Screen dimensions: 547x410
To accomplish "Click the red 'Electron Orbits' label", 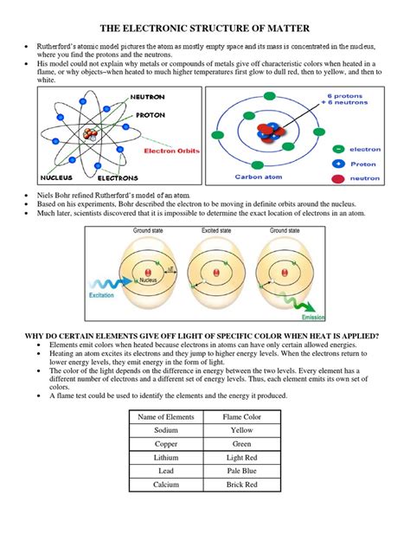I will click(x=170, y=150).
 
